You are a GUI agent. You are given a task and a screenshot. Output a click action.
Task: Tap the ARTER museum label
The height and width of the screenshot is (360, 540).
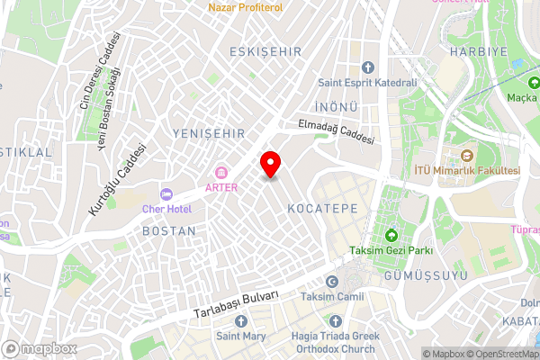[221, 187]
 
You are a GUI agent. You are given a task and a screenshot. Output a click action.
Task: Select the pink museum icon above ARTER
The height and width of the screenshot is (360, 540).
[221, 173]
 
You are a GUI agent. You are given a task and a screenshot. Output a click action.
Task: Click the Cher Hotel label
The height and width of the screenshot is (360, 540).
[167, 209]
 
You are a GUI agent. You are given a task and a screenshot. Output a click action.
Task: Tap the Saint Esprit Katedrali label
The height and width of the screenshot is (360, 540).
[367, 83]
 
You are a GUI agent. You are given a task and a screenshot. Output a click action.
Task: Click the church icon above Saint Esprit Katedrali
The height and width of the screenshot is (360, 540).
[367, 67]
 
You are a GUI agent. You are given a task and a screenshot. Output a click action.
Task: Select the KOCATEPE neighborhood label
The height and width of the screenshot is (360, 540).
[322, 208]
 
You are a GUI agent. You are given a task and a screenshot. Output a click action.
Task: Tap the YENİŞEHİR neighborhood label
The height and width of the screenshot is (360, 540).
[207, 133]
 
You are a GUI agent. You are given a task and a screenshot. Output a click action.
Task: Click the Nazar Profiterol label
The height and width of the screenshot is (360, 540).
[245, 7]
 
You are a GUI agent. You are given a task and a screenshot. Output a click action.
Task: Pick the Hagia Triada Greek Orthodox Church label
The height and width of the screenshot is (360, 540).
[337, 343]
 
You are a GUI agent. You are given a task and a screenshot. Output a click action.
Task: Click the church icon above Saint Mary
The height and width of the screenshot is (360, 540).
[241, 321]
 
